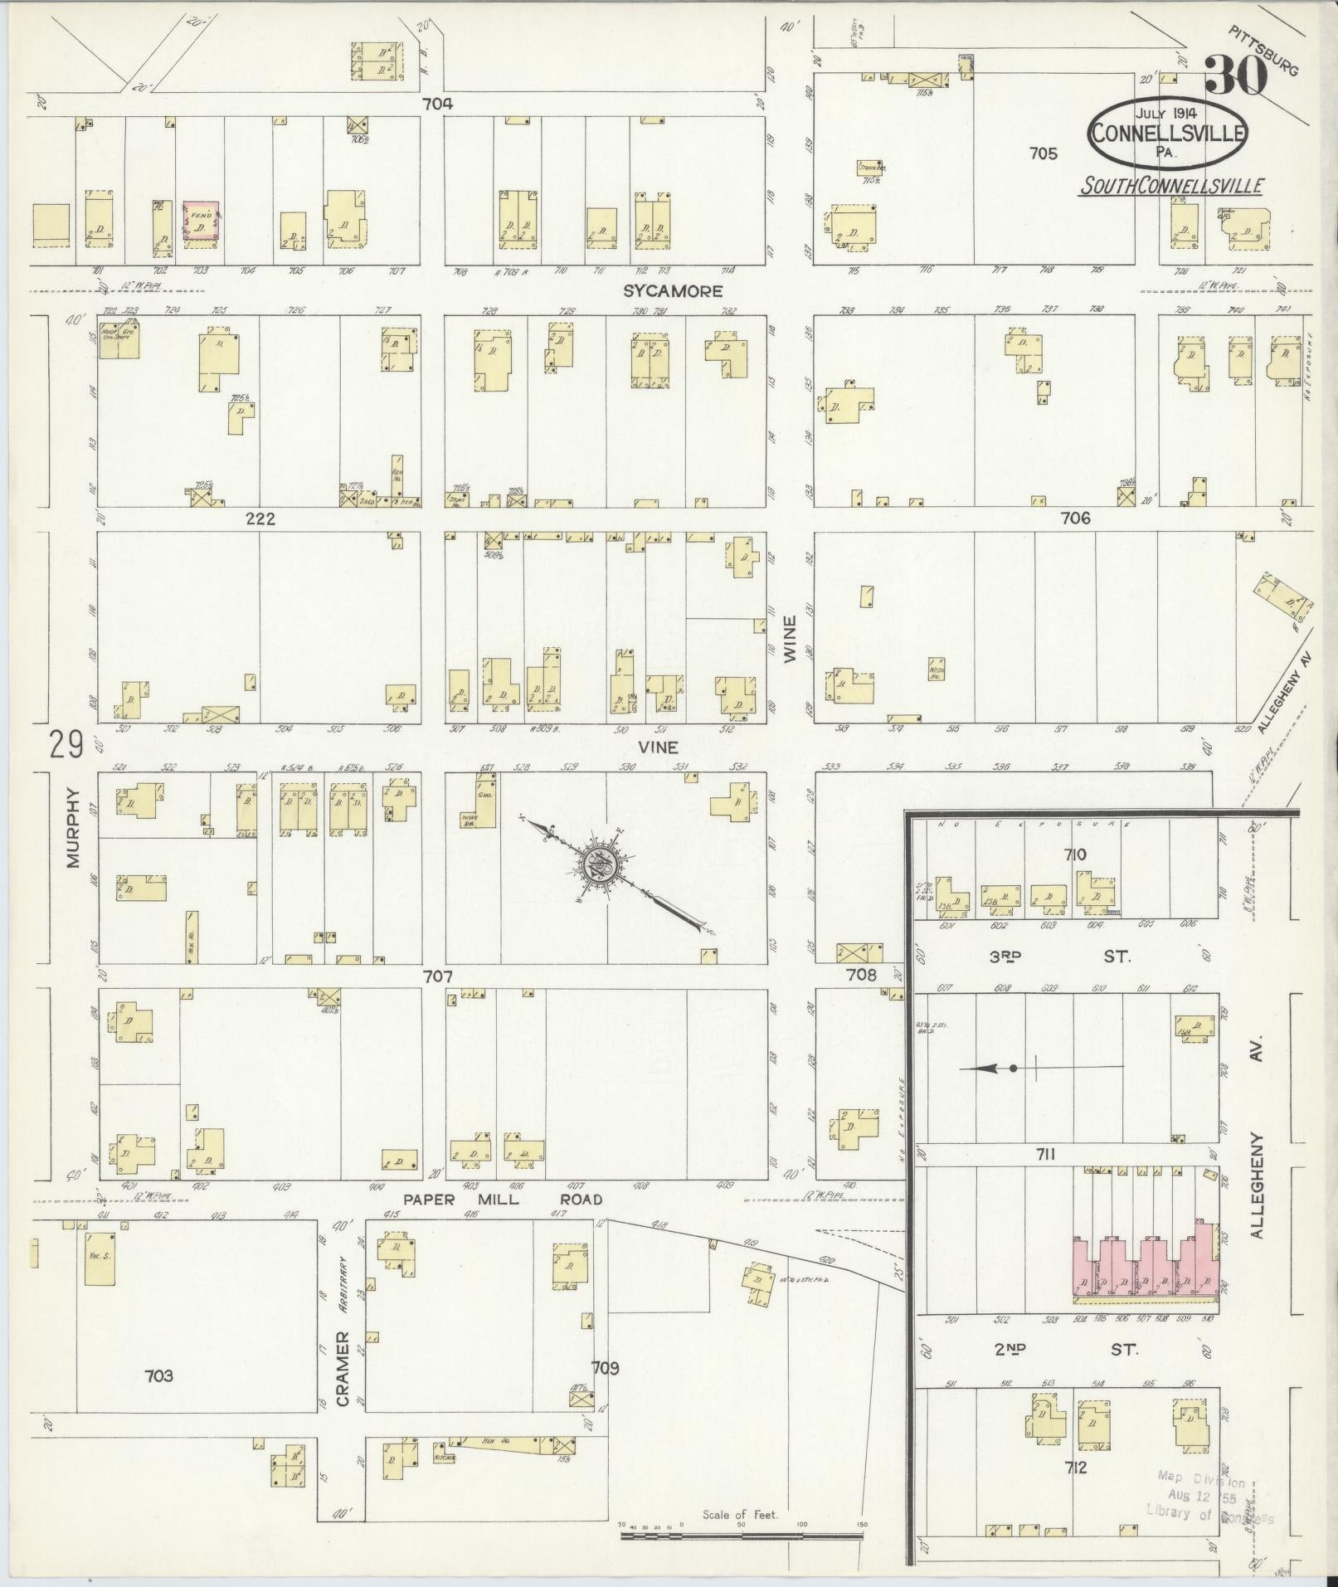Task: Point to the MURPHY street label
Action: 73,827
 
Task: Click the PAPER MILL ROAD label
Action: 503,1199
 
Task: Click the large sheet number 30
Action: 1236,76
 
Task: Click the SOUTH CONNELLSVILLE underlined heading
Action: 1170,186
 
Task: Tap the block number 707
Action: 437,977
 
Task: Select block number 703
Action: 158,1375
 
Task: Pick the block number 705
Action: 1043,153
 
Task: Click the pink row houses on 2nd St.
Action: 1145,1278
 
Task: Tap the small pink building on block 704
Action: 202,222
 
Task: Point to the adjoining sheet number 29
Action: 66,744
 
